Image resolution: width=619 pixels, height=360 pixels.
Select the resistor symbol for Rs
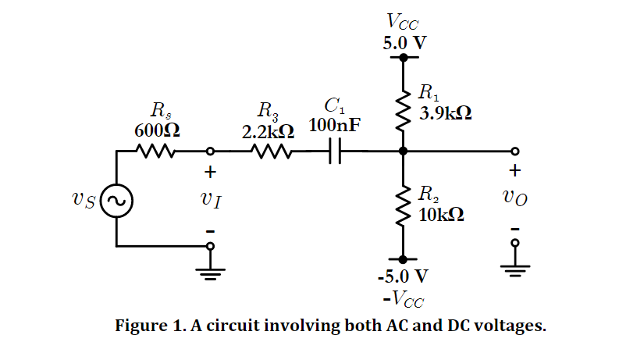(x=155, y=151)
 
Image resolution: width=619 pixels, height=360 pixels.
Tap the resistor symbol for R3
(x=272, y=151)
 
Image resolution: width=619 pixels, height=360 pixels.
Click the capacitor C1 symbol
(x=335, y=151)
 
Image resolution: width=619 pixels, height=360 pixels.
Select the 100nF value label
(x=335, y=125)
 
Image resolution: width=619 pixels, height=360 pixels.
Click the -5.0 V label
(x=403, y=277)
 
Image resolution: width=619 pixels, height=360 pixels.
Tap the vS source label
(x=83, y=201)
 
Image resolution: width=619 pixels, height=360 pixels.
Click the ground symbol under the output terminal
(x=514, y=269)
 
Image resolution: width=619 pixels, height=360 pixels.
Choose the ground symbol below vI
(x=210, y=270)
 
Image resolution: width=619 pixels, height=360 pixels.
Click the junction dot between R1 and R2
(x=404, y=151)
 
